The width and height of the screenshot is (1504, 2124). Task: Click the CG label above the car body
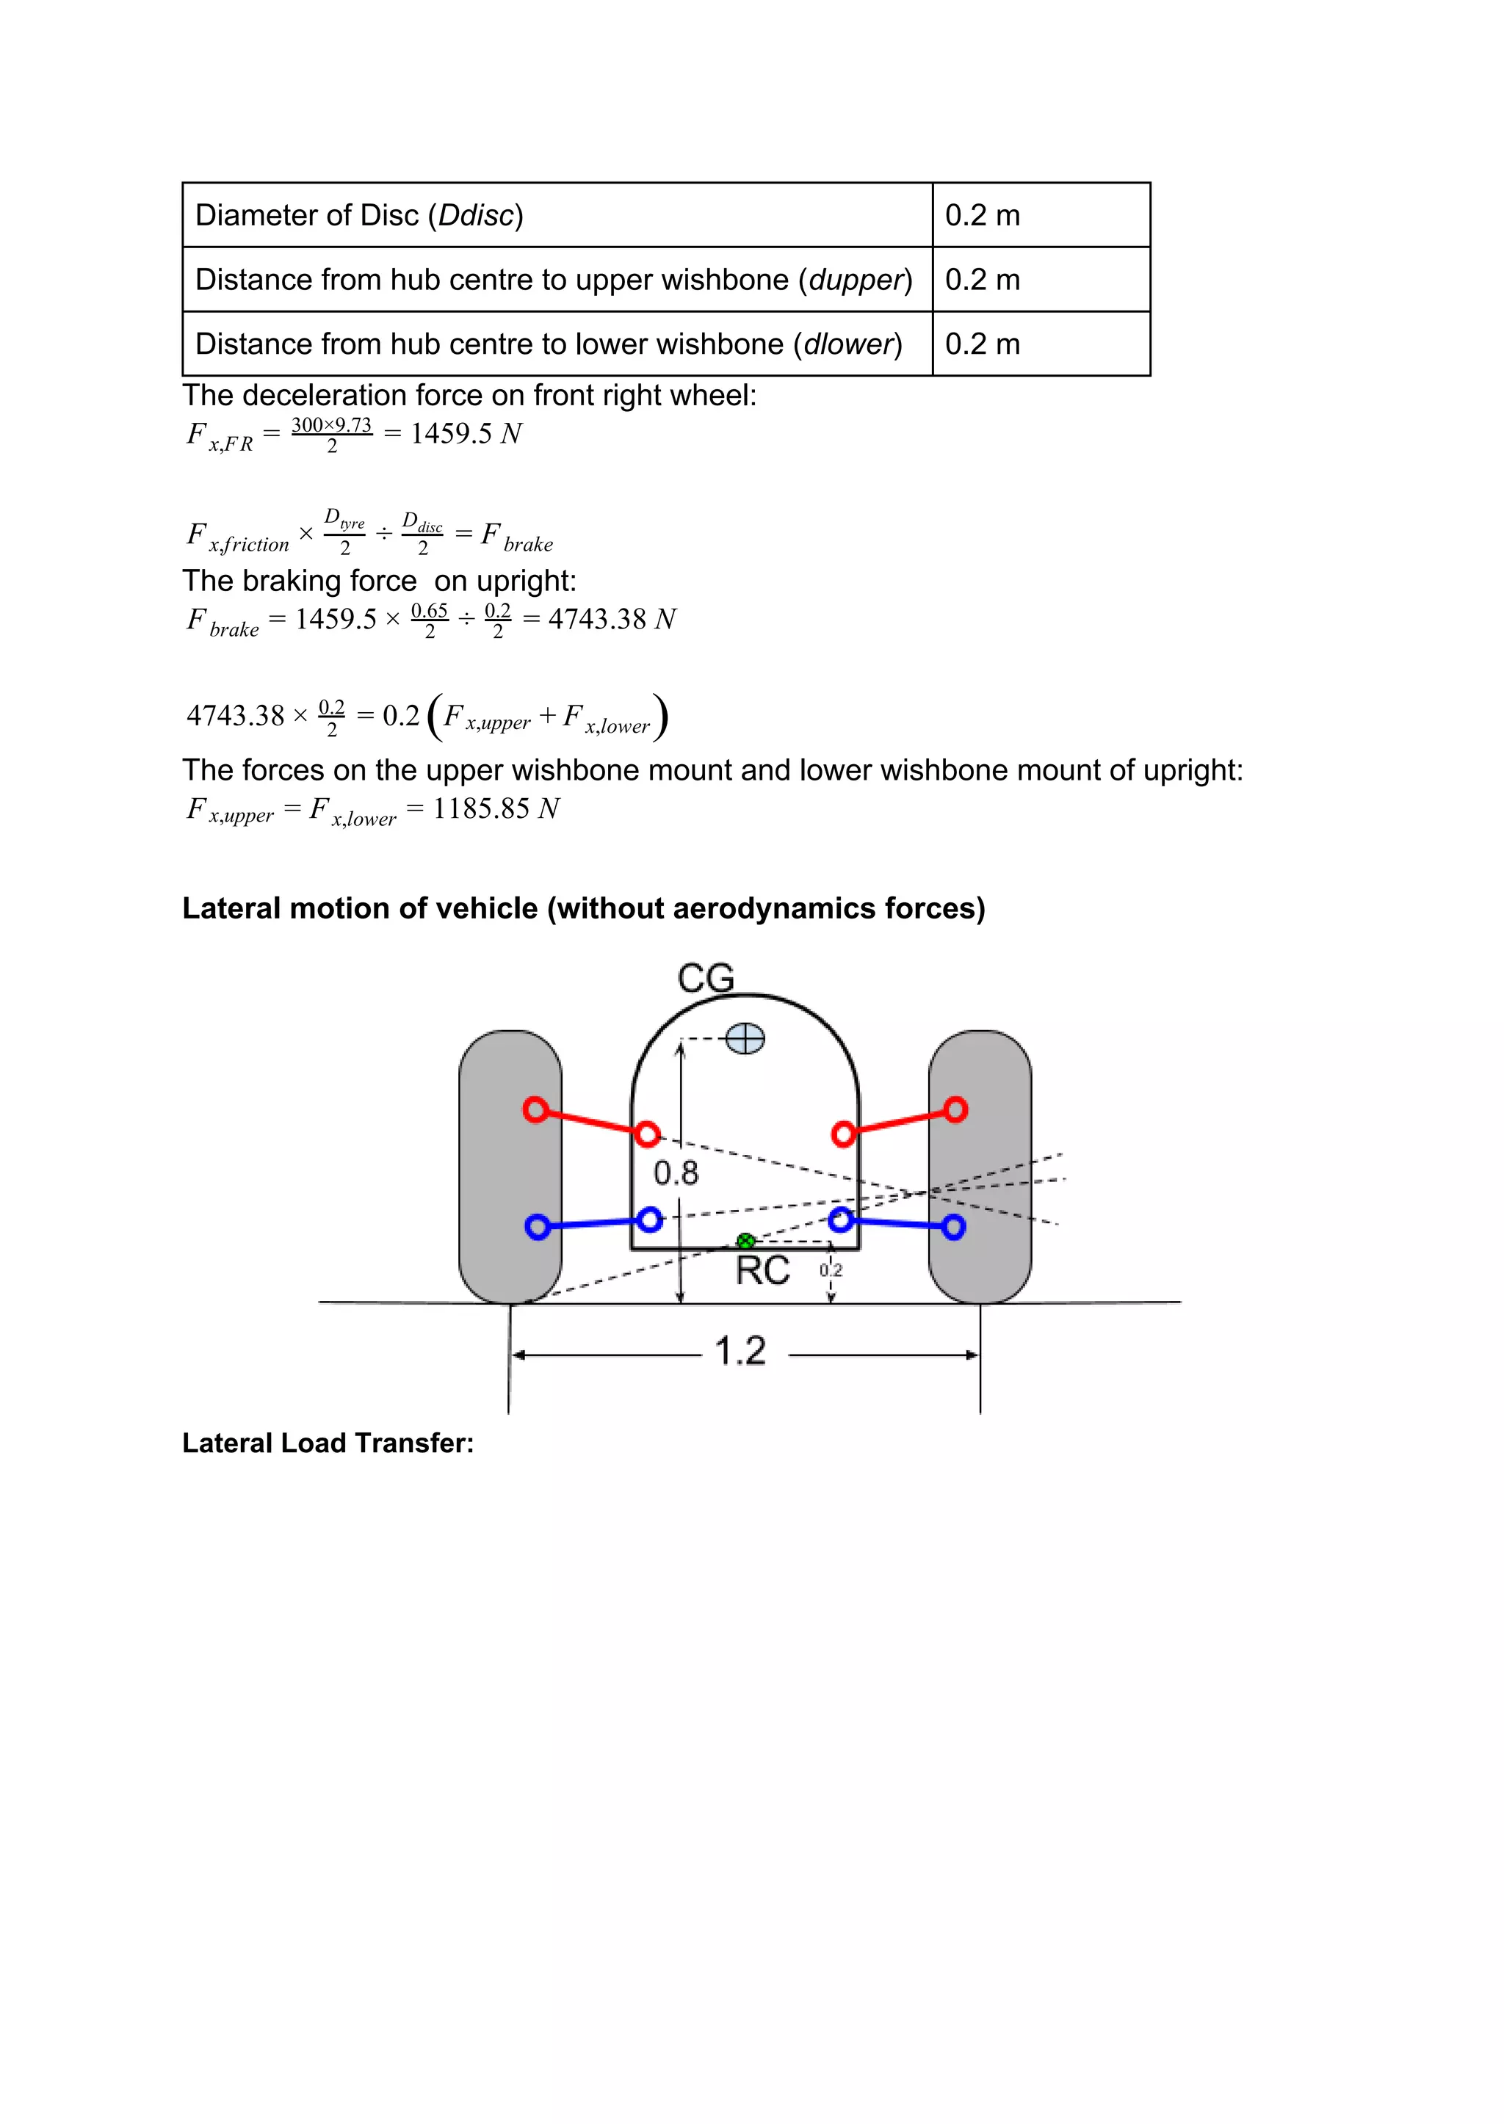(x=706, y=978)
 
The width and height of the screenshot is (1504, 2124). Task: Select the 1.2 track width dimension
(x=741, y=1351)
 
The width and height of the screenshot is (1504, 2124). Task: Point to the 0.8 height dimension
(x=676, y=1173)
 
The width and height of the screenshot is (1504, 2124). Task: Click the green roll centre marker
(x=745, y=1241)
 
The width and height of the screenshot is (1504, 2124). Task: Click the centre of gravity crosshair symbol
(x=745, y=1039)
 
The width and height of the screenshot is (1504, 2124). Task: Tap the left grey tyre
(x=510, y=1167)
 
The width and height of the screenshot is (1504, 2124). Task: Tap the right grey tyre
(x=980, y=1167)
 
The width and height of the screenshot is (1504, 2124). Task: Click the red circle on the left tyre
(x=535, y=1109)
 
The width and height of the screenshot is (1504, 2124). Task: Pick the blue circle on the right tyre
(x=953, y=1227)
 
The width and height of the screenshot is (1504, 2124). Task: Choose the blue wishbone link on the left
(x=593, y=1224)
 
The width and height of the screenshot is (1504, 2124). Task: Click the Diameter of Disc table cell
(x=556, y=215)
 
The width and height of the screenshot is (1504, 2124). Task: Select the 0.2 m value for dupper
(x=983, y=280)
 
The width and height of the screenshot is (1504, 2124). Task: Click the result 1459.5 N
(x=466, y=433)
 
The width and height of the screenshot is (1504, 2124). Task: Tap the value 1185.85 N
(x=496, y=808)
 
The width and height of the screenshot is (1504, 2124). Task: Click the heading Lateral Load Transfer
(x=328, y=1443)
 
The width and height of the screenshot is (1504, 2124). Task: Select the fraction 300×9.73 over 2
(x=331, y=434)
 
